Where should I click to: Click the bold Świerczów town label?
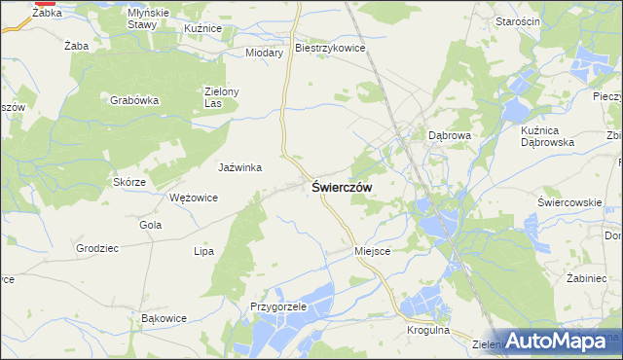pyautogui.click(x=341, y=187)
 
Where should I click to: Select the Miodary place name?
pyautogui.click(x=264, y=53)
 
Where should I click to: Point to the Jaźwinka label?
pyautogui.click(x=240, y=167)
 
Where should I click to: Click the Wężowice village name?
pyautogui.click(x=194, y=197)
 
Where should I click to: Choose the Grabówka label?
pyautogui.click(x=134, y=99)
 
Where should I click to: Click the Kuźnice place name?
pyautogui.click(x=203, y=29)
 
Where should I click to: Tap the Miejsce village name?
pyautogui.click(x=372, y=250)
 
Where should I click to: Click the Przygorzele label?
pyautogui.click(x=277, y=306)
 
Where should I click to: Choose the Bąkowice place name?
pyautogui.click(x=164, y=318)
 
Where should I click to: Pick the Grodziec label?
pyautogui.click(x=97, y=248)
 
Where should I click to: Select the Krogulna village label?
pyautogui.click(x=428, y=331)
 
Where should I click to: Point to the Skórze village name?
pyautogui.click(x=129, y=182)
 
